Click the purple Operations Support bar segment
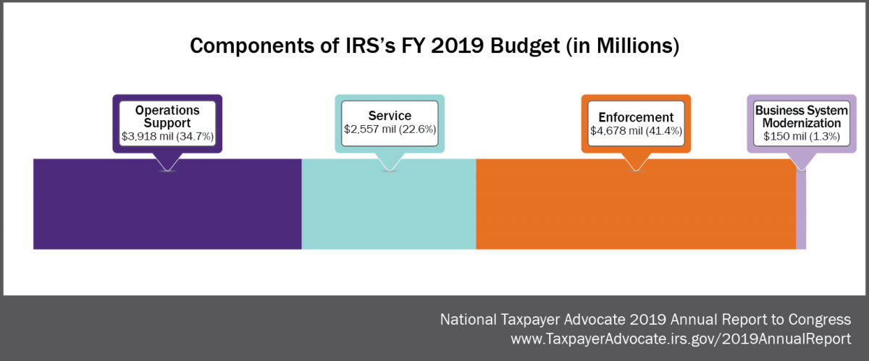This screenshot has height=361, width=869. tap(167, 210)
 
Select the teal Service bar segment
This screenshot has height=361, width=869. tap(388, 210)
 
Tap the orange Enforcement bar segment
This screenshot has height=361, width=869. tap(636, 210)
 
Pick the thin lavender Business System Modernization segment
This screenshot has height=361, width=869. tap(801, 210)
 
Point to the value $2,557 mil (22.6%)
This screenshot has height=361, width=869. tap(390, 129)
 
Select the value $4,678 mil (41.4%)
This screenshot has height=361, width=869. tap(636, 130)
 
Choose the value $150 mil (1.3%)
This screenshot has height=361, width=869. tap(800, 135)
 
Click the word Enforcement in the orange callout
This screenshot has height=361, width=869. tap(636, 117)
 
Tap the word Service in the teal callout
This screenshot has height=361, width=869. tap(390, 116)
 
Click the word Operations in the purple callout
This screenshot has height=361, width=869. tap(167, 111)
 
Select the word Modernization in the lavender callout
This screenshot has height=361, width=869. tap(800, 123)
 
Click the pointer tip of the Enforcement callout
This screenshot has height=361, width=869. tap(636, 170)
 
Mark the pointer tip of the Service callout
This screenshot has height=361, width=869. tap(390, 170)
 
